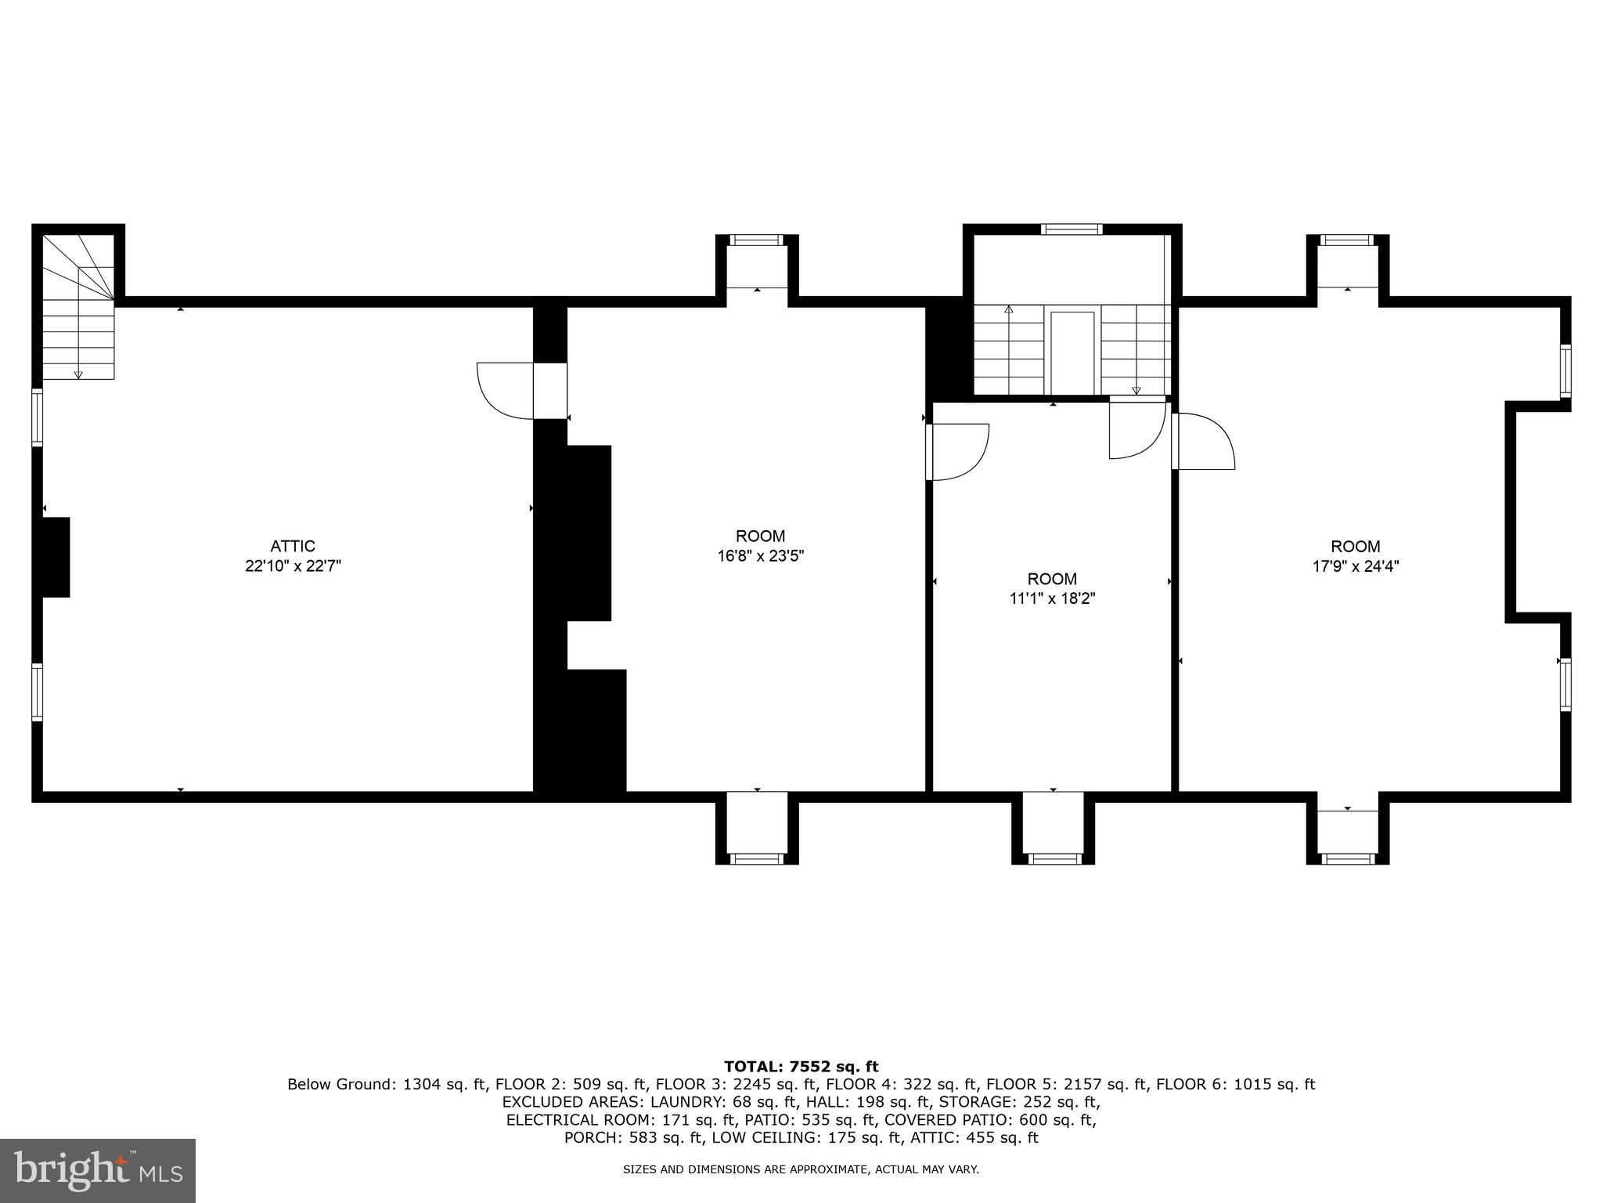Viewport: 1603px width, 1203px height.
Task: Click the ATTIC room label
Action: click(x=293, y=546)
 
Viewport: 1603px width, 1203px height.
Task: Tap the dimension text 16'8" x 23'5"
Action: click(x=760, y=556)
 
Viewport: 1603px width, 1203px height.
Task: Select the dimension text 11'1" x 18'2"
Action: click(x=1052, y=599)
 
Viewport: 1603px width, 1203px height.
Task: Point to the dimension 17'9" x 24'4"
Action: click(x=1356, y=566)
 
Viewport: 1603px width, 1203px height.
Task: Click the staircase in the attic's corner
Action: click(x=78, y=313)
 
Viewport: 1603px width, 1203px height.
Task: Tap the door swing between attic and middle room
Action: click(x=505, y=390)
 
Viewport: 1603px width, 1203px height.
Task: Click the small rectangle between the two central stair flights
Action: click(x=1072, y=352)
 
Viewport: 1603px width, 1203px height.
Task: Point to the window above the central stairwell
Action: click(x=1072, y=229)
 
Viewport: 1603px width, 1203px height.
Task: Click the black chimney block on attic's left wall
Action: click(x=56, y=557)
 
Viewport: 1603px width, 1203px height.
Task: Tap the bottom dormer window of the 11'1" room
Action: click(x=1053, y=859)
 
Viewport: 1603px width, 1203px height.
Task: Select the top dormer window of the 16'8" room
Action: click(x=756, y=240)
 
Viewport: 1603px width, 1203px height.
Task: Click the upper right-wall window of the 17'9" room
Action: click(x=1565, y=371)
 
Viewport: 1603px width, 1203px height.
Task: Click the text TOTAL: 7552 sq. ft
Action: click(x=801, y=1066)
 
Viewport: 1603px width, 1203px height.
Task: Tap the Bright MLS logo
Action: click(x=98, y=1170)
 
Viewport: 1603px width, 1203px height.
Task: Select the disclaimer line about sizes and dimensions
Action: click(x=801, y=1169)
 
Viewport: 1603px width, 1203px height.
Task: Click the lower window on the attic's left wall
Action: click(x=37, y=692)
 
